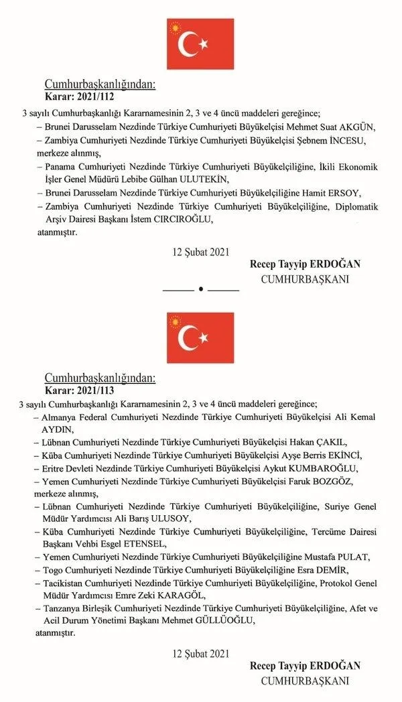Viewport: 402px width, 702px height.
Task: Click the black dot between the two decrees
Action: click(x=201, y=289)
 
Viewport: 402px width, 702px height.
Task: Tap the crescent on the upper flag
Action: click(x=189, y=44)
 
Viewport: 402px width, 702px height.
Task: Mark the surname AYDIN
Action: click(x=57, y=429)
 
